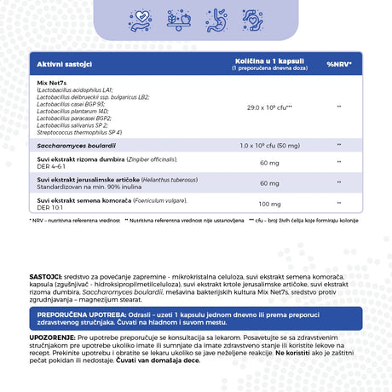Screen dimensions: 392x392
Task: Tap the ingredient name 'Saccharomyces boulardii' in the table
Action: (71, 146)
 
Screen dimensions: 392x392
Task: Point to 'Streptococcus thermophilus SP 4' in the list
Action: (79, 132)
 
